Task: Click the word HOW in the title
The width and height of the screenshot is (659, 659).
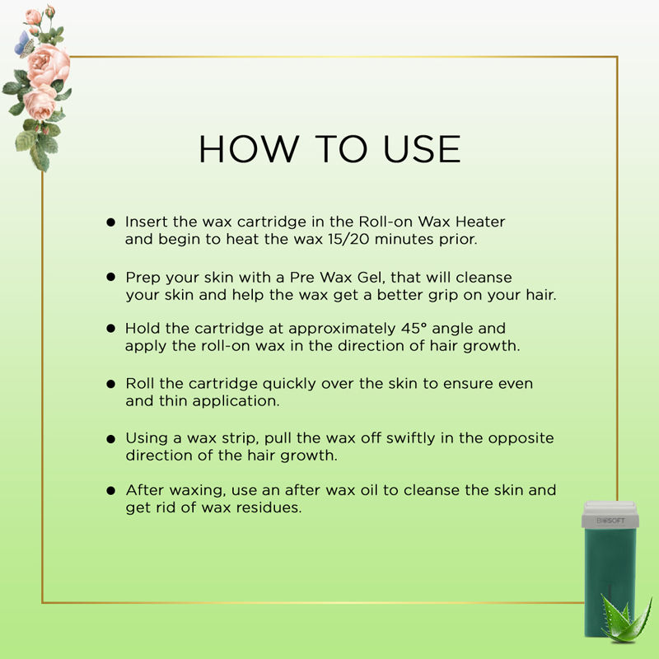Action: tap(249, 149)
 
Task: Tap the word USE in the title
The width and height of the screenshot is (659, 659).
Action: tap(422, 149)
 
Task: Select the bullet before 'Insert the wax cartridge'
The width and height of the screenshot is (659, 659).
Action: tap(111, 222)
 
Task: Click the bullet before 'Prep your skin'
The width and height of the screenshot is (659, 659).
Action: tap(111, 277)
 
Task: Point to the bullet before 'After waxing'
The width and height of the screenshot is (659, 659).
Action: tap(111, 490)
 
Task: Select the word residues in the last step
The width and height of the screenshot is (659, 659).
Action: tap(269, 507)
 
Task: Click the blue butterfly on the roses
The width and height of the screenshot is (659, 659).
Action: tap(24, 44)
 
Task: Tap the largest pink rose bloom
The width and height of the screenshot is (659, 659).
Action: tap(49, 64)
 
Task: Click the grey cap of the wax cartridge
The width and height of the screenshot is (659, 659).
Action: tap(610, 514)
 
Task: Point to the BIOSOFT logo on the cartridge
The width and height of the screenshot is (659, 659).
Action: tap(610, 521)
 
